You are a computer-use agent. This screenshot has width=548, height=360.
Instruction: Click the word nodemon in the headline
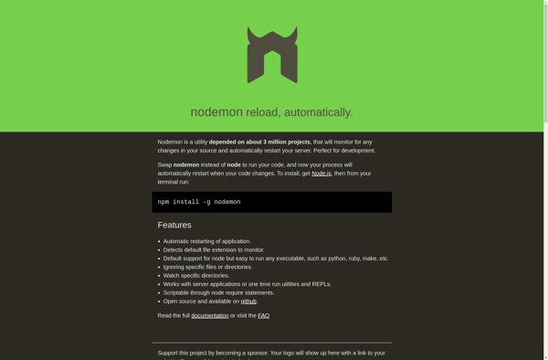coord(216,111)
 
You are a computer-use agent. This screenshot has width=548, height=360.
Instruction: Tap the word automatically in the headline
coord(317,112)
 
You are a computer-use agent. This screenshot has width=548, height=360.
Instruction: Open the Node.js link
coord(321,173)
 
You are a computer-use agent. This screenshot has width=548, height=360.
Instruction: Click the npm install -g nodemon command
coord(199,202)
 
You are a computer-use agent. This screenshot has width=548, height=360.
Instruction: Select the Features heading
coord(174,225)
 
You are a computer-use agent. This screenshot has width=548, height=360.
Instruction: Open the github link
coord(248,301)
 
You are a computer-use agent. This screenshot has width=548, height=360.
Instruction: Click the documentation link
coord(210,315)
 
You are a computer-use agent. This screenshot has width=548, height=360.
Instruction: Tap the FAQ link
coord(263,315)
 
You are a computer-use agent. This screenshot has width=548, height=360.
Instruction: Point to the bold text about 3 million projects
coord(259,142)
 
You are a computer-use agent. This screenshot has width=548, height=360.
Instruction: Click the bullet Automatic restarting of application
coord(207,241)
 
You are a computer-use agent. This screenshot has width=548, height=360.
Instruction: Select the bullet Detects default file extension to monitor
coord(214,249)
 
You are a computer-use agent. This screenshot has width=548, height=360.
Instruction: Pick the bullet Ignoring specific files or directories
coord(207,267)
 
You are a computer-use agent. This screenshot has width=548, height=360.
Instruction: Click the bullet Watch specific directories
coord(196,275)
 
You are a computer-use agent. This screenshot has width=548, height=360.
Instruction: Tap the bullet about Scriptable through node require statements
coord(218,292)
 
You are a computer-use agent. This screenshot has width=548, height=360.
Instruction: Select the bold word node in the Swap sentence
coord(234,165)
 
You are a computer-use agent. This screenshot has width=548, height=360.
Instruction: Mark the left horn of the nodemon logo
coord(251,34)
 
